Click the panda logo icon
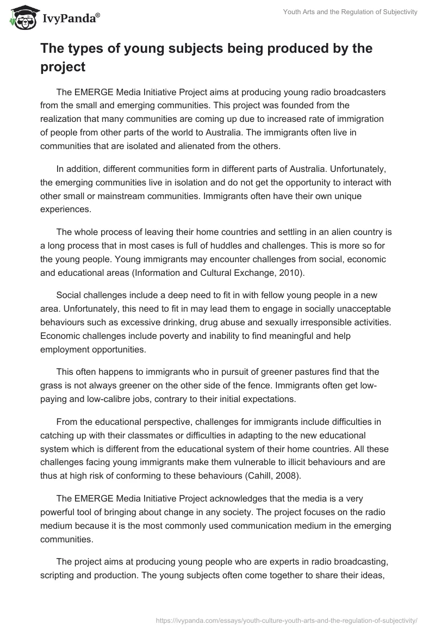point(20,17)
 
